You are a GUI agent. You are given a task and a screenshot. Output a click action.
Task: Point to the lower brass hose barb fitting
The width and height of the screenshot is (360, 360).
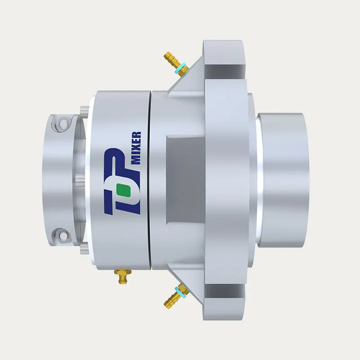(x=176, y=296)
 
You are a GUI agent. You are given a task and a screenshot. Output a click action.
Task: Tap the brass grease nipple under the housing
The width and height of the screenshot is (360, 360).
(x=123, y=276)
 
